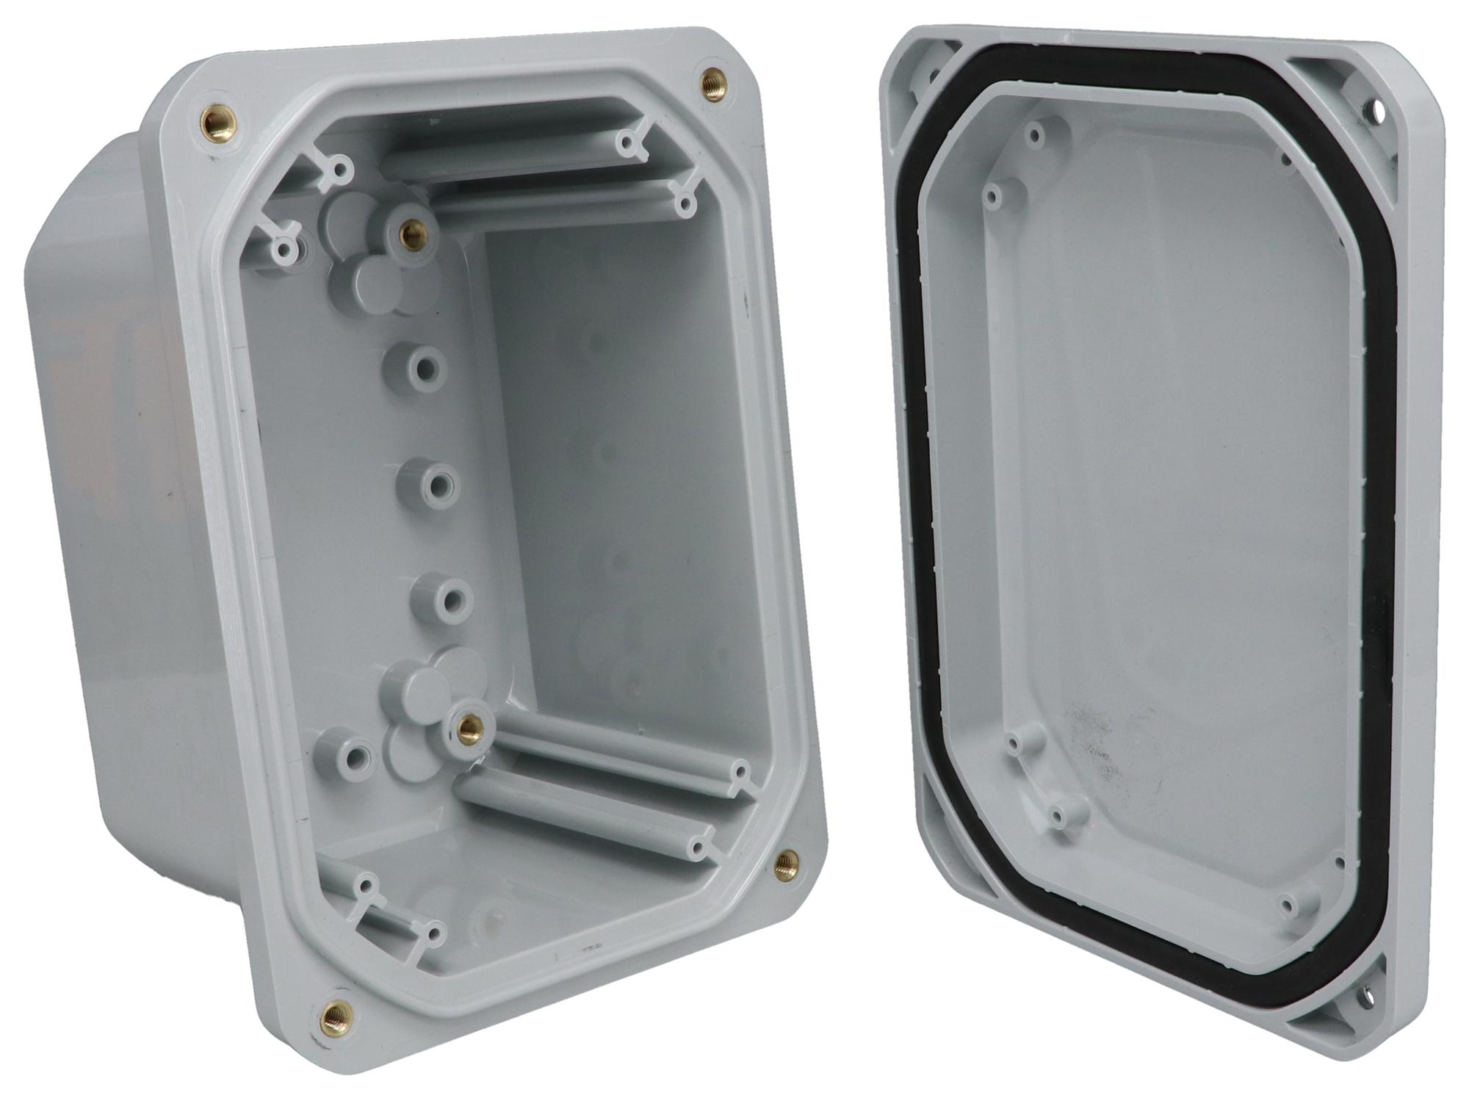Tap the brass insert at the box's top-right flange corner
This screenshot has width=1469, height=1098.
coord(711,79)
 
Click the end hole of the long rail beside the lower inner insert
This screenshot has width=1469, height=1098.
coord(740,773)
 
